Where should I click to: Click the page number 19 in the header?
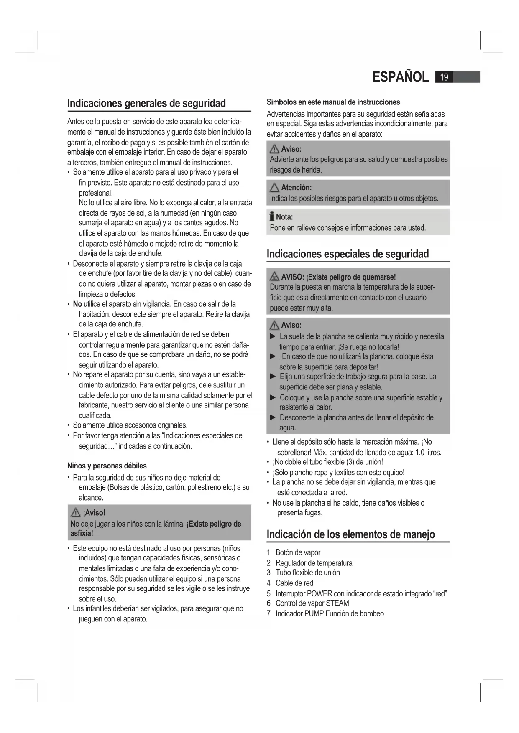(x=444, y=77)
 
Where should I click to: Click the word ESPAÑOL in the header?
(x=400, y=77)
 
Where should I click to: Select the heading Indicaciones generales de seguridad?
(x=146, y=103)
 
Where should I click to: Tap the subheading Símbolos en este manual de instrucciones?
(x=333, y=102)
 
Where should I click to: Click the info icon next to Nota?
(x=272, y=216)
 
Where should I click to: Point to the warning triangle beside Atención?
(x=274, y=188)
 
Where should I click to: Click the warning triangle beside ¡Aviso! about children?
(x=76, y=513)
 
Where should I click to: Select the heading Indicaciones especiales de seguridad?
(x=348, y=254)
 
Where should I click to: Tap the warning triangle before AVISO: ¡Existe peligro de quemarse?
(x=274, y=277)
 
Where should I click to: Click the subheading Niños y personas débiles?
(x=107, y=466)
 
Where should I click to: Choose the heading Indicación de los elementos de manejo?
(x=350, y=534)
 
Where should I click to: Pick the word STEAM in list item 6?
(x=337, y=603)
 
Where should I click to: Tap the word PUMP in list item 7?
(x=314, y=613)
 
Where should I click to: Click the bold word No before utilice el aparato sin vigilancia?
(x=77, y=304)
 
